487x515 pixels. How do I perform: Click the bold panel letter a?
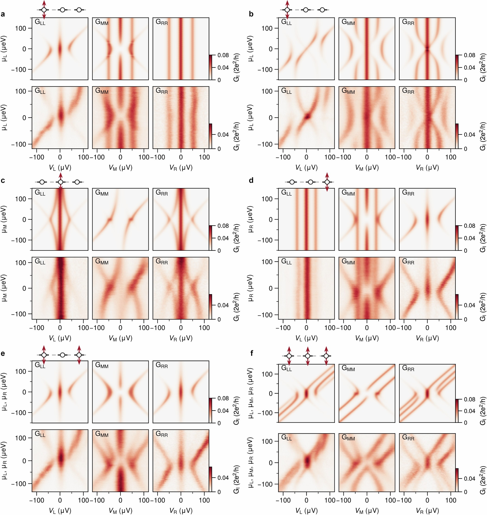pyautogui.click(x=3, y=14)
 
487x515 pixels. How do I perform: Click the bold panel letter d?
pyautogui.click(x=251, y=180)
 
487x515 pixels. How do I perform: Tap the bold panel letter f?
pyautogui.click(x=251, y=354)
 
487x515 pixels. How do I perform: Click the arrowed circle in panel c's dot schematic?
pyautogui.click(x=61, y=182)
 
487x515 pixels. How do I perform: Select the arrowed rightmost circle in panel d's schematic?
pyautogui.click(x=327, y=182)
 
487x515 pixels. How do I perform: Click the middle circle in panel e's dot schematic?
pyautogui.click(x=62, y=355)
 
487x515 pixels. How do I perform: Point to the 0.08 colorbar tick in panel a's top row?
pyautogui.click(x=223, y=55)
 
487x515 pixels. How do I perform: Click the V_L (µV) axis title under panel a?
pyautogui.click(x=60, y=168)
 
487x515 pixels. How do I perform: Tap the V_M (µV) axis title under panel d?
pyautogui.click(x=367, y=338)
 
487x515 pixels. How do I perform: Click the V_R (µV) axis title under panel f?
pyautogui.click(x=427, y=510)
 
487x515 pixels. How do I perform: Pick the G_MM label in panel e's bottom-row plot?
pyautogui.click(x=102, y=434)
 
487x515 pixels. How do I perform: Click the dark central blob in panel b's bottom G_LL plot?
pyautogui.click(x=307, y=116)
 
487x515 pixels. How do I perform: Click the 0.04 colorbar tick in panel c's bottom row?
pyautogui.click(x=223, y=305)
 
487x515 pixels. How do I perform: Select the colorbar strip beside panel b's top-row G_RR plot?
pyautogui.click(x=457, y=67)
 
